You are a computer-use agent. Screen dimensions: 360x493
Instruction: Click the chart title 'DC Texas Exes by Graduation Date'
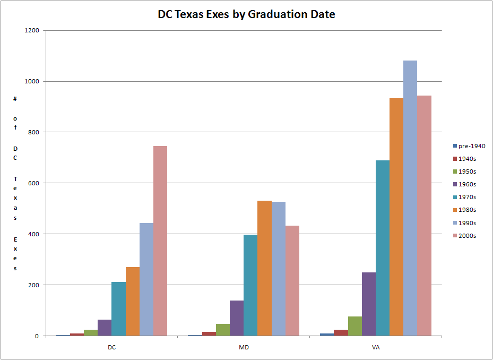pos(246,14)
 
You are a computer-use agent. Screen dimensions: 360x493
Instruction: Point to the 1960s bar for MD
pos(237,318)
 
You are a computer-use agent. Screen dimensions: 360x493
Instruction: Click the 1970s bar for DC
pos(118,308)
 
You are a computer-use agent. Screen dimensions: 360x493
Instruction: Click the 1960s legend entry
pos(467,184)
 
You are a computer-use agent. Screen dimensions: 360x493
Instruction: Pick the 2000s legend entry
pos(467,236)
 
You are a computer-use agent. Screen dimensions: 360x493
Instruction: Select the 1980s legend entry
pos(467,210)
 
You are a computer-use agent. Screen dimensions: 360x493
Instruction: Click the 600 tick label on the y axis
pos(34,183)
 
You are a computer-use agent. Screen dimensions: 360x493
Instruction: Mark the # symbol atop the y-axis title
pos(15,99)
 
